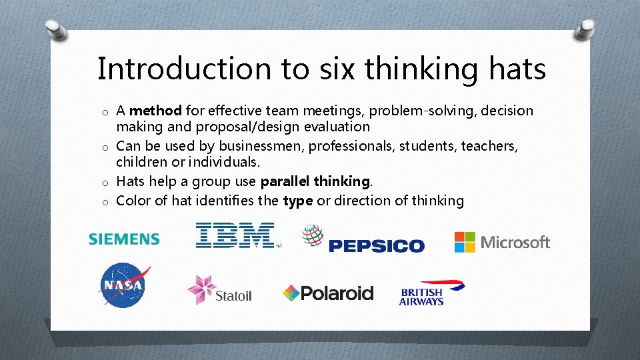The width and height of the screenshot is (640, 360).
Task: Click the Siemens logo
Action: click(124, 239)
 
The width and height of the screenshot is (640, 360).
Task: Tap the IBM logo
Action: click(235, 235)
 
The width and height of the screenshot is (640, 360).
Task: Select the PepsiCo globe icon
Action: click(313, 235)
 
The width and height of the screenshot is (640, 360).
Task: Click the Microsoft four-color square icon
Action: click(465, 242)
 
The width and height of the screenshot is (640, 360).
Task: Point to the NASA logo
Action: click(123, 285)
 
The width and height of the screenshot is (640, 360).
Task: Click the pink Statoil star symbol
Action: click(201, 289)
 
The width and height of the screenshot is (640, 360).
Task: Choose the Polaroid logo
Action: click(328, 293)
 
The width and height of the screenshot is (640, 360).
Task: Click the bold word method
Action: click(155, 110)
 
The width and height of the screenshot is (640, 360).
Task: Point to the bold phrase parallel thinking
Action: click(315, 181)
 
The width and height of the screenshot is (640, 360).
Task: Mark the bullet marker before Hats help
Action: click(105, 183)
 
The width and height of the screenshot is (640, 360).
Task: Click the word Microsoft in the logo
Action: click(515, 242)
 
